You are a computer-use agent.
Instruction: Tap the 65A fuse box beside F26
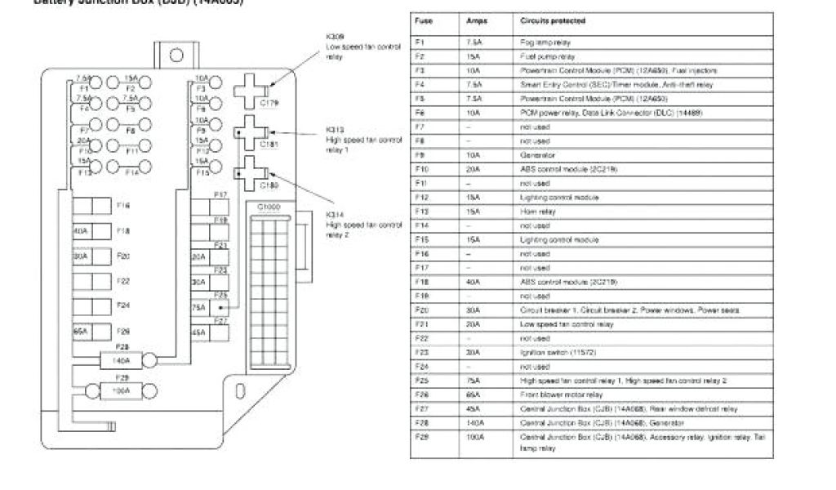click(82, 332)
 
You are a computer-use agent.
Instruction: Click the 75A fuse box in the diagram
click(199, 307)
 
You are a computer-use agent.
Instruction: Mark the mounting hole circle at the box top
click(176, 56)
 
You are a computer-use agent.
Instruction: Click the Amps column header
click(476, 20)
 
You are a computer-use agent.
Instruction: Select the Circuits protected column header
click(552, 20)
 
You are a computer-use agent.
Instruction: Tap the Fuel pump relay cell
click(547, 56)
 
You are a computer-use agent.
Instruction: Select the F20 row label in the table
click(422, 310)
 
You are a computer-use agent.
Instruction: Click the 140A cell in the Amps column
click(474, 422)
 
